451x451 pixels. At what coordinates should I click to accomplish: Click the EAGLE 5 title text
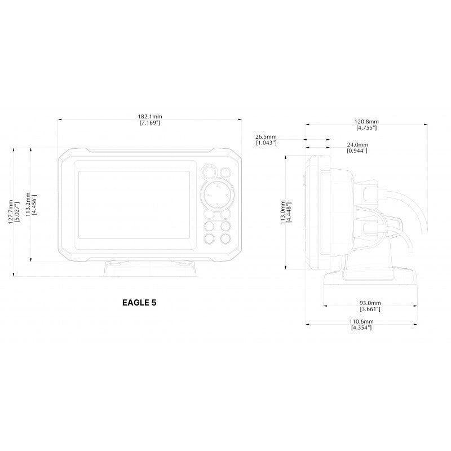coord(139,303)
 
